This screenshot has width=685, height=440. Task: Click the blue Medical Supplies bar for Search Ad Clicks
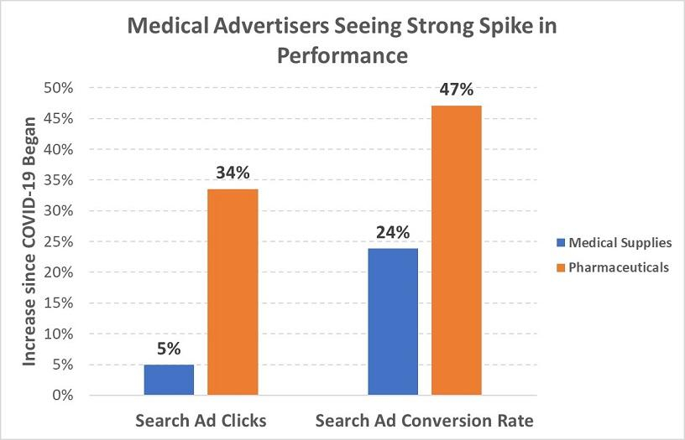point(169,380)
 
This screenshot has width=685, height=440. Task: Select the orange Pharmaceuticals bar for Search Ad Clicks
point(233,292)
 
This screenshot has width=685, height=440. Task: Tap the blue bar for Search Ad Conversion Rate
point(393,321)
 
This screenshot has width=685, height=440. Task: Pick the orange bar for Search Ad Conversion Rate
point(457,250)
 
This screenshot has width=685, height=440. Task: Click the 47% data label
point(457,90)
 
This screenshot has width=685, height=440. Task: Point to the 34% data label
point(233,173)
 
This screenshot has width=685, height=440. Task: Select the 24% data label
point(393,233)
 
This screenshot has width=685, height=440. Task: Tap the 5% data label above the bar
point(169,349)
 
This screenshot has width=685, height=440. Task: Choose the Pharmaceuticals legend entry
point(618,268)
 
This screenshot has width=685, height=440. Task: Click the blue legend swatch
point(560,244)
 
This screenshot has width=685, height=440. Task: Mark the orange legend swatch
point(560,268)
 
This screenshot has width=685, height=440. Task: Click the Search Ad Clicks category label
point(201,420)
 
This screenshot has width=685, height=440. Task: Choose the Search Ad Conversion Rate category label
point(425,420)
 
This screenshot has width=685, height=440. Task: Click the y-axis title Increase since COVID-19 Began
point(30,241)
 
